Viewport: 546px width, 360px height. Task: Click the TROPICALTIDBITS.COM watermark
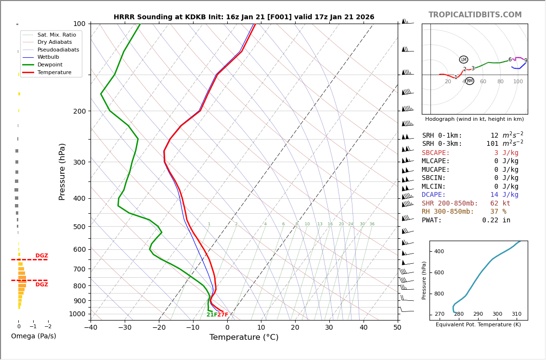tap(475, 15)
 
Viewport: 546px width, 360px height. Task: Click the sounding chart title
tap(244, 17)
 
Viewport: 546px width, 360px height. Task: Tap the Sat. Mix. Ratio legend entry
tap(56, 35)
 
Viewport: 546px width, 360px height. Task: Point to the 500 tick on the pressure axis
tap(79, 227)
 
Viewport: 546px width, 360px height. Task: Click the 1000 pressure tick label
tap(77, 314)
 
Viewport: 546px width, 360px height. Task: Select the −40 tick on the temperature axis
tap(91, 328)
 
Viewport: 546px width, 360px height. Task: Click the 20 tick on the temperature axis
tap(295, 328)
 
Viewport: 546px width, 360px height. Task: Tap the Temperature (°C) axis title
tap(244, 337)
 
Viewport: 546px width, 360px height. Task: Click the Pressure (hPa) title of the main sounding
tap(62, 171)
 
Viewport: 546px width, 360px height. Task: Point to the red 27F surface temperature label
tap(222, 315)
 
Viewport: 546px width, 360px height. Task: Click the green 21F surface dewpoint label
tap(212, 315)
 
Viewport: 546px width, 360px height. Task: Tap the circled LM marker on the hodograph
tap(463, 60)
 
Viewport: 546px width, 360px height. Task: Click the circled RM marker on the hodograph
tap(469, 81)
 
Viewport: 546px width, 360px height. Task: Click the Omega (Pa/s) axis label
tap(34, 336)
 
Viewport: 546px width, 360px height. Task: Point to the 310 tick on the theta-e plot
tap(516, 314)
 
